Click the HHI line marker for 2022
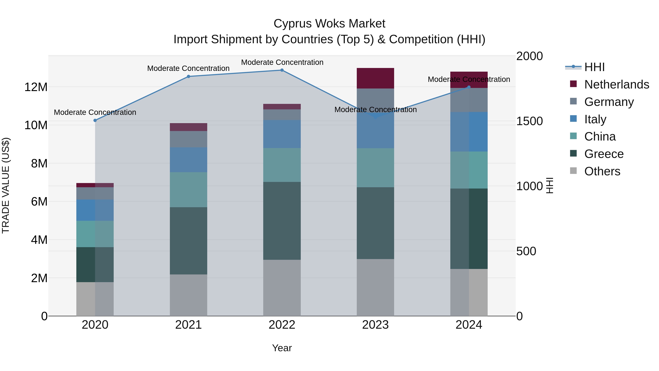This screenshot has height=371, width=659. [282, 70]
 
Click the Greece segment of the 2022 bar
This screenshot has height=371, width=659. [282, 221]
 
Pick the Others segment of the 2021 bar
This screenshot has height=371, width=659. [189, 295]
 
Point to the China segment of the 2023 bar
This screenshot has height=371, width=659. [375, 168]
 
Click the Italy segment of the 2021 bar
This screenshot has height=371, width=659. [189, 160]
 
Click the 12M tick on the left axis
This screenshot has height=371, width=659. [36, 87]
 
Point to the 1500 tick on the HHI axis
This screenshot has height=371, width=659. [529, 121]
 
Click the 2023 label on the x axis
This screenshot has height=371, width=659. [375, 325]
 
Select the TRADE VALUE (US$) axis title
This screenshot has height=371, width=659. [6, 185]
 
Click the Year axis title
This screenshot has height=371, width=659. [282, 348]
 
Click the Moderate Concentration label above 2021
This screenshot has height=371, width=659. [188, 68]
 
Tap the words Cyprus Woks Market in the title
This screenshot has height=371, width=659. [329, 24]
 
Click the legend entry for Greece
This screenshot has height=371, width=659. [604, 154]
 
